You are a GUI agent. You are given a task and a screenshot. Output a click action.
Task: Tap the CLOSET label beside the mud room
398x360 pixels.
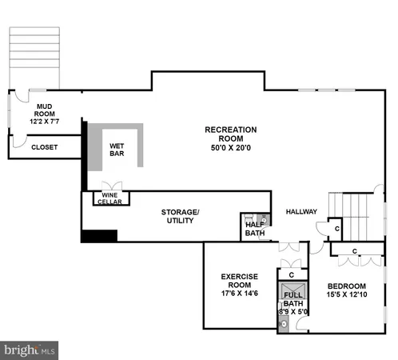[44, 147]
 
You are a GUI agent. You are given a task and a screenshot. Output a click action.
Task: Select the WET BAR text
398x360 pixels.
[117, 149]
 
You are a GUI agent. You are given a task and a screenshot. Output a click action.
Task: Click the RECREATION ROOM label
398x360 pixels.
[231, 130]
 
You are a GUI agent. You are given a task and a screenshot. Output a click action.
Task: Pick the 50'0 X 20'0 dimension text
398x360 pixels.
[231, 147]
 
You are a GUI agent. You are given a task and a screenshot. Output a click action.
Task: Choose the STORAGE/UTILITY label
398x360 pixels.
[181, 216]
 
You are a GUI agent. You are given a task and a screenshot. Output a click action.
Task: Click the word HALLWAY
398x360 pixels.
[301, 212]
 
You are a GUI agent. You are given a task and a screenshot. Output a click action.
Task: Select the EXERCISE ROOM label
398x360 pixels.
[239, 281]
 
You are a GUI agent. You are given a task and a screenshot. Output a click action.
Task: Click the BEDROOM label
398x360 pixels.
[346, 286]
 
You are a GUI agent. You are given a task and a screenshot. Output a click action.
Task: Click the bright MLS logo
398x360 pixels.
[30, 350]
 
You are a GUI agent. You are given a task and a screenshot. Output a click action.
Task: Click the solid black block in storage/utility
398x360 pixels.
[99, 235]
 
